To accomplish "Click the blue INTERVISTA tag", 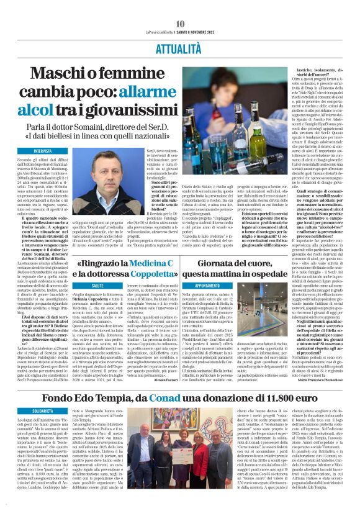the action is pyautogui.click(x=42, y=151).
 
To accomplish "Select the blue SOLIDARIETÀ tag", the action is pyautogui.click(x=43, y=410).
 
